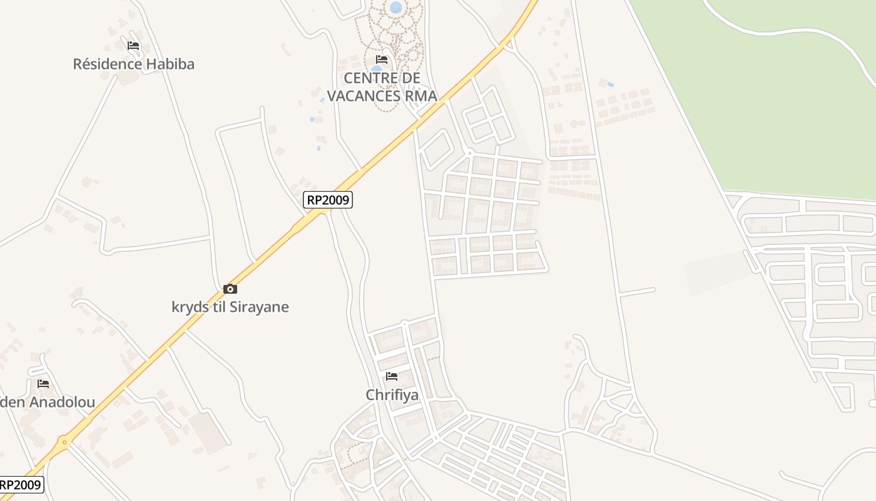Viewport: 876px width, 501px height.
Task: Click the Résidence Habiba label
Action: click(x=133, y=64)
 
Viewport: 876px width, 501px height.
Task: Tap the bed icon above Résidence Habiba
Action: click(x=133, y=46)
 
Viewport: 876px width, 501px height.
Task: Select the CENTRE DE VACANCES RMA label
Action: click(x=382, y=87)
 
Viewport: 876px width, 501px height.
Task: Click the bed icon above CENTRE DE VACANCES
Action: click(x=382, y=60)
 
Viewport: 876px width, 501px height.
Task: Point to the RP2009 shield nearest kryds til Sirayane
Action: click(x=328, y=200)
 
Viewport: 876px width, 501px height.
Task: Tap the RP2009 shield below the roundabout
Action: click(x=21, y=485)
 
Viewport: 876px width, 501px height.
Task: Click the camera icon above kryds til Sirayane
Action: click(x=230, y=289)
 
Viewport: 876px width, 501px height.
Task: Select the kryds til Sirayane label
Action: click(x=230, y=307)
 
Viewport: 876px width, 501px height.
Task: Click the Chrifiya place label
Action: click(x=392, y=395)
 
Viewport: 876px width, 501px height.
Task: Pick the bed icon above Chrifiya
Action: click(x=392, y=376)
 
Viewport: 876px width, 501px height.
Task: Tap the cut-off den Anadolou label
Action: click(x=48, y=402)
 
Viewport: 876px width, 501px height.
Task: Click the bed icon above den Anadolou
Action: click(x=43, y=384)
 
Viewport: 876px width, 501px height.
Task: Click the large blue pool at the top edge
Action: click(x=395, y=8)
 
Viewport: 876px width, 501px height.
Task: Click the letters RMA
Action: click(x=421, y=96)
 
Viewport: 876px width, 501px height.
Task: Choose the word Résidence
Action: click(x=107, y=64)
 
